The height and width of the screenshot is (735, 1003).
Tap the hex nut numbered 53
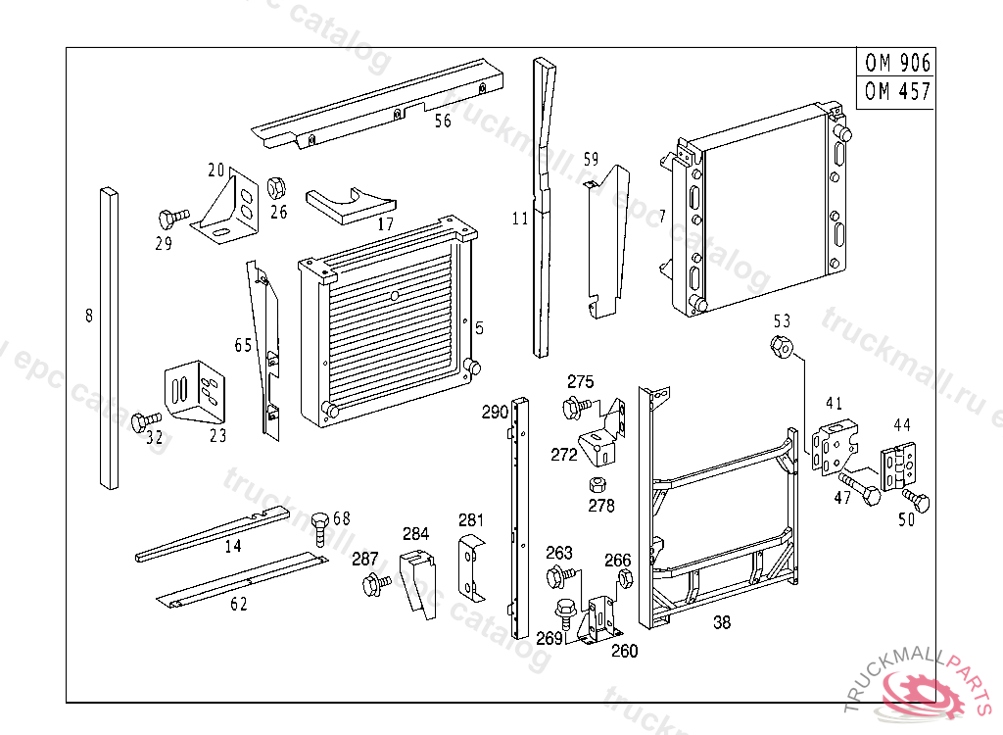[x=782, y=346]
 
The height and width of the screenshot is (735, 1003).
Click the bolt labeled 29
[x=174, y=217]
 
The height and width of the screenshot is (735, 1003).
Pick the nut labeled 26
[x=276, y=186]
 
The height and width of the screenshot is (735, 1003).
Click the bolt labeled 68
[x=319, y=524]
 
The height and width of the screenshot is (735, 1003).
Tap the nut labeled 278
[x=596, y=484]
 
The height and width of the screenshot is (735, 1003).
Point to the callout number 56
[x=443, y=121]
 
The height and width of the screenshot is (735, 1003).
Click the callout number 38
[x=722, y=622]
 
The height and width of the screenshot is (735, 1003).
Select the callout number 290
[x=494, y=413]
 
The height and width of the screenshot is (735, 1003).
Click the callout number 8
[x=88, y=316]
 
